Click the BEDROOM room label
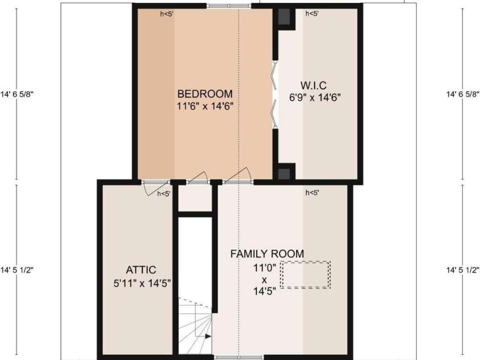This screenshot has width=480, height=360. point(205,93)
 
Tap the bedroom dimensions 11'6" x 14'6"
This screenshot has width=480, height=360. point(205,106)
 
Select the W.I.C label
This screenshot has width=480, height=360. point(313,85)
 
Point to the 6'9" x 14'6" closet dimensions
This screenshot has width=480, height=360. point(315,97)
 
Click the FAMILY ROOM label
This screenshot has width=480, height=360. point(267,254)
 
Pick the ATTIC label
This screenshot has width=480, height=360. point(141,269)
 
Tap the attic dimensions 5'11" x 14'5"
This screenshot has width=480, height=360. point(142,284)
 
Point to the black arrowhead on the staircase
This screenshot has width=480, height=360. point(208,337)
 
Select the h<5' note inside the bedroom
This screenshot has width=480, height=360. point(167,14)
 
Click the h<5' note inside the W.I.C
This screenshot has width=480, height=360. point(312,14)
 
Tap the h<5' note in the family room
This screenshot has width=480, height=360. point(312,193)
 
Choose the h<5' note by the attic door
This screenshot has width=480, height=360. point(164,194)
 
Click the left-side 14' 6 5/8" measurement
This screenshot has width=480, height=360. point(17,95)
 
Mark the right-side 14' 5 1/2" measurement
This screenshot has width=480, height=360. point(462,270)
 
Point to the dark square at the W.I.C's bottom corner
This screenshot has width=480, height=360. point(284,174)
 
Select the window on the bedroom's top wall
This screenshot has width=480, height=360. point(229,6)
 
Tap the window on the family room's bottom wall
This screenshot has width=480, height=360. point(239,357)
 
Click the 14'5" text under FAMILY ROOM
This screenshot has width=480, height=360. point(265,291)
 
